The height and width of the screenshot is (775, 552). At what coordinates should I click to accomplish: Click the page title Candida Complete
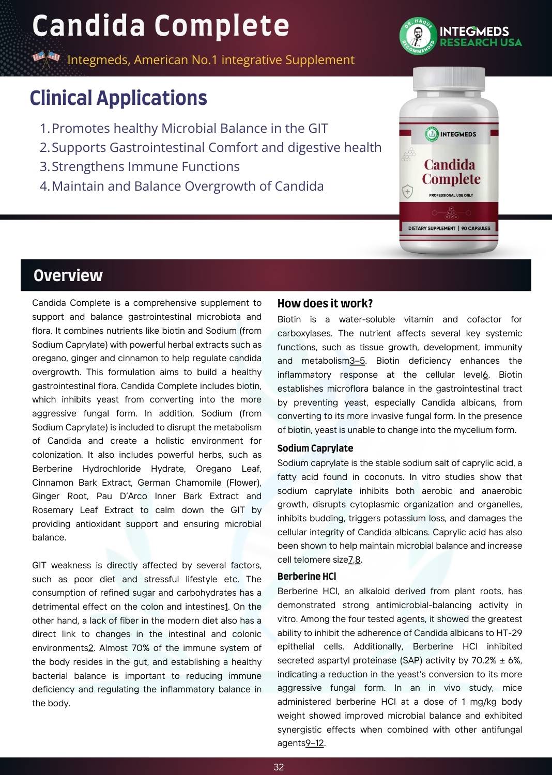(x=161, y=26)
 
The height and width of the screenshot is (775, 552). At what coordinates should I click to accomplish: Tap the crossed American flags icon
(x=47, y=59)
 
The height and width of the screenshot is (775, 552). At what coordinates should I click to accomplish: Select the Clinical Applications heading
(x=118, y=98)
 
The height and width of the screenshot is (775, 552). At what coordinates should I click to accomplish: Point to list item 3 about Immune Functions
(x=140, y=166)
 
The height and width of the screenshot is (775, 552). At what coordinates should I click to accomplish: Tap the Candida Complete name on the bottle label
(x=451, y=172)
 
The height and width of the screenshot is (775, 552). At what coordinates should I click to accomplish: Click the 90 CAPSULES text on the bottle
(x=476, y=228)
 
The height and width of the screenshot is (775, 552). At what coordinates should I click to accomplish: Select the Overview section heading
(x=68, y=275)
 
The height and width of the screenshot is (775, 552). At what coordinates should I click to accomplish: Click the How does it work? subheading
(x=325, y=303)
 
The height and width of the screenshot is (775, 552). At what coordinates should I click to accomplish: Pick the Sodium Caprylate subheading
(x=315, y=448)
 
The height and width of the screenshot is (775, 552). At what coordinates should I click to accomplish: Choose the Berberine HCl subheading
(x=306, y=576)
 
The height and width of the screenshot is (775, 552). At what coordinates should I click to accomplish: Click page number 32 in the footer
(x=279, y=767)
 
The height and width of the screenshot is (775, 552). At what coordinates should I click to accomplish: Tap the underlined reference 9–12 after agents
(x=315, y=743)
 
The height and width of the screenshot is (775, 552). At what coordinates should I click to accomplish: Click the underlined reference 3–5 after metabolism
(x=357, y=361)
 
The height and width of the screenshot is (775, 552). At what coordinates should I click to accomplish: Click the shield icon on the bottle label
(x=408, y=192)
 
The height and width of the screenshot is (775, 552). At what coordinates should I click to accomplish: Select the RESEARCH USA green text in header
(x=481, y=42)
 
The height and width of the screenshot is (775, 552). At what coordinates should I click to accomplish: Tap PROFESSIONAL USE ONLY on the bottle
(x=451, y=195)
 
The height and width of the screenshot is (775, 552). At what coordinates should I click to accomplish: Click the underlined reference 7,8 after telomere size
(x=355, y=560)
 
